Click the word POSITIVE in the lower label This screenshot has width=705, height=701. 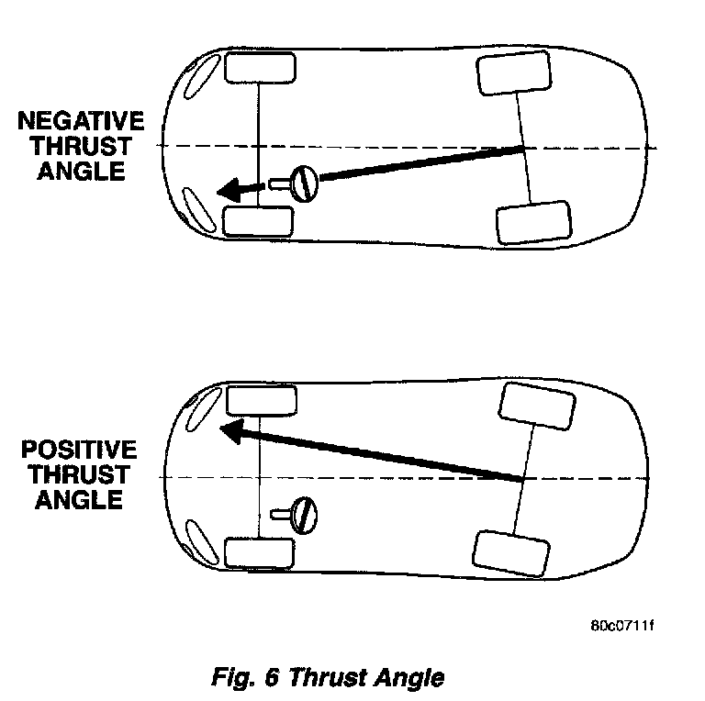pyautogui.click(x=79, y=451)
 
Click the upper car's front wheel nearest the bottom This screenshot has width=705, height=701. pyautogui.click(x=258, y=221)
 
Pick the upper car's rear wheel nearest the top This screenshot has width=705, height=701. pyautogui.click(x=514, y=73)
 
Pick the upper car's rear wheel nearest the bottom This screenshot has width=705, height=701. pyautogui.click(x=533, y=221)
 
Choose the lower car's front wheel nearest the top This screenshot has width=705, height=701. pyautogui.click(x=261, y=401)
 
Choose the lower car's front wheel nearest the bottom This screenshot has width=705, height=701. pyautogui.click(x=260, y=553)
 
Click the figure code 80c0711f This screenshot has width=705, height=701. pyautogui.click(x=623, y=627)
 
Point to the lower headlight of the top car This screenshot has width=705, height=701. pyautogui.click(x=195, y=209)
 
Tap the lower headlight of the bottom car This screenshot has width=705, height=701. pyautogui.click(x=196, y=540)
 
